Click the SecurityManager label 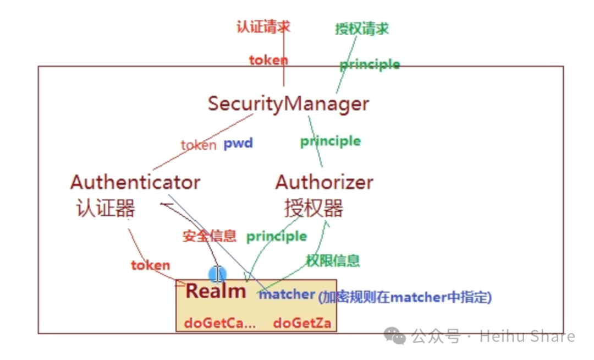[x=288, y=103]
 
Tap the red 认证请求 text [x=263, y=26]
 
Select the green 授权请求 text [x=362, y=29]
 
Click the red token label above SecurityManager [x=268, y=60]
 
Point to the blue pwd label [x=238, y=144]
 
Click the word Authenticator [x=135, y=182]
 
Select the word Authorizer [x=324, y=182]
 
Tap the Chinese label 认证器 [x=106, y=208]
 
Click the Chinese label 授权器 [x=313, y=208]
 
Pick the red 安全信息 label [x=209, y=236]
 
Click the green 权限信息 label [x=333, y=260]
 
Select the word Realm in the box [x=216, y=291]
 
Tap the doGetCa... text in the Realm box [x=220, y=323]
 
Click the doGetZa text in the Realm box [x=302, y=323]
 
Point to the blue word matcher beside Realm [x=287, y=294]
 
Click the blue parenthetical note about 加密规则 [x=405, y=298]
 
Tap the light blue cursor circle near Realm [x=217, y=274]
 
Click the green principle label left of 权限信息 [x=276, y=236]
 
